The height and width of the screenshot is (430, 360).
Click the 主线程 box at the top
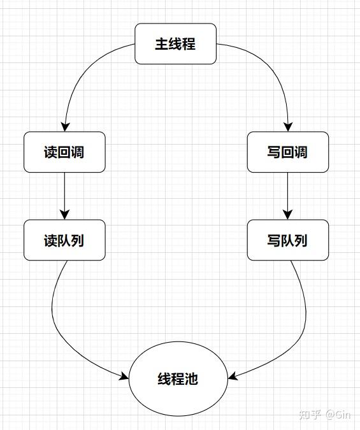(175, 44)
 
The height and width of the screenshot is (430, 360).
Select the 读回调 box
(64, 152)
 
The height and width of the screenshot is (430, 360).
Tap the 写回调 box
(287, 152)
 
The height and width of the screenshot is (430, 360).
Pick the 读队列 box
(64, 240)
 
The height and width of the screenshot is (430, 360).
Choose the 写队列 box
(287, 240)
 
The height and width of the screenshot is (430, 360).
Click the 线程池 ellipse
(178, 378)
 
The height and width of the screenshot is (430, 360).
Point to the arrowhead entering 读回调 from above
(64, 127)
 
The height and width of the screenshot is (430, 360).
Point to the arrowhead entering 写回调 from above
(287, 127)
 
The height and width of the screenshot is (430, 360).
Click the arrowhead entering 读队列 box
(64, 215)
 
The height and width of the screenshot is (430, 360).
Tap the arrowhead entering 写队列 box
(287, 215)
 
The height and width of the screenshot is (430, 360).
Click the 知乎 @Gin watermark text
(325, 414)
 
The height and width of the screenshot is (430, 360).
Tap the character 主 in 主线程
(162, 44)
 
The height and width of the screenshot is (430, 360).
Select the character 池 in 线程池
(191, 379)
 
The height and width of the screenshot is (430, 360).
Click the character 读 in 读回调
(51, 152)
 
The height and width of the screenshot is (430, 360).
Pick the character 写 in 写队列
(274, 240)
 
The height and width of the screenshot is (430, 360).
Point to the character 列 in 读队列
(78, 240)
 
